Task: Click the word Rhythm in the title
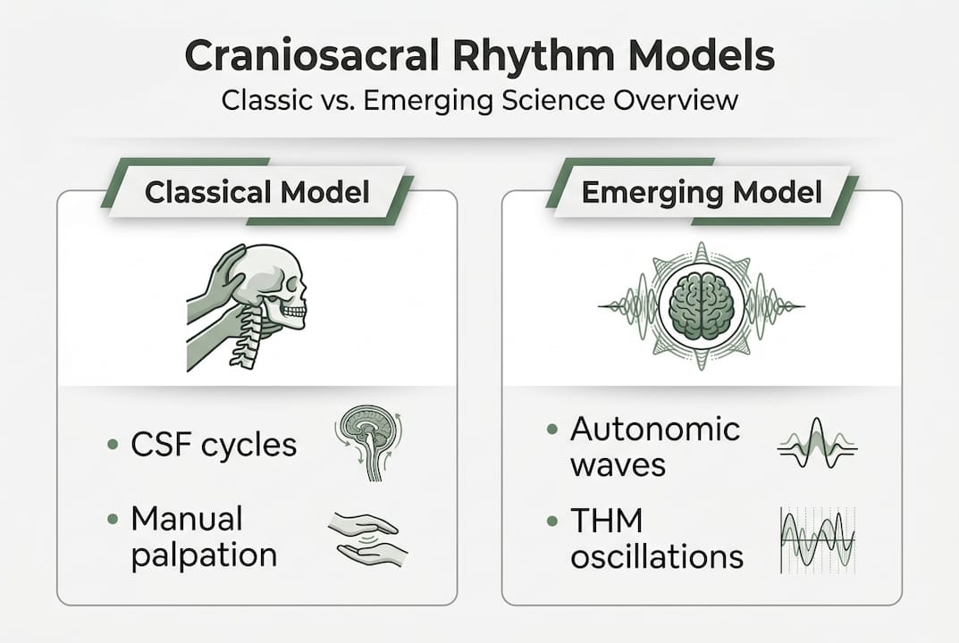tap(523, 56)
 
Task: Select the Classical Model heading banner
tap(257, 192)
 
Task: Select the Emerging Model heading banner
tap(702, 192)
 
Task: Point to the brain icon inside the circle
tap(702, 305)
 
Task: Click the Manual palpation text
tap(204, 537)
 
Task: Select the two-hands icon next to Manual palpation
tap(367, 537)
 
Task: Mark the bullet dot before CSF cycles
tap(112, 444)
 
